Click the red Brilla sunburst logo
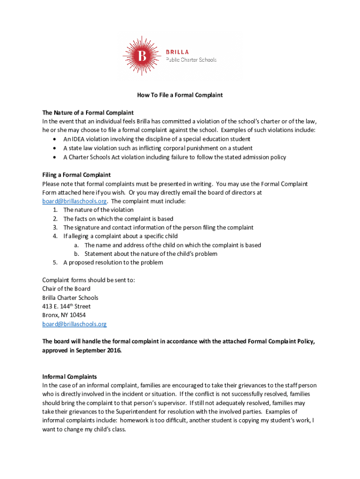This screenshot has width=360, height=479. click(142, 56)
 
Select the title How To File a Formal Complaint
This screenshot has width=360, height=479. click(180, 95)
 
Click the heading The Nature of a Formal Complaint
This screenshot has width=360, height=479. click(88, 113)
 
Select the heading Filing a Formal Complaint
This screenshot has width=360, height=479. click(76, 175)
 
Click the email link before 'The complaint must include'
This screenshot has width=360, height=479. click(74, 201)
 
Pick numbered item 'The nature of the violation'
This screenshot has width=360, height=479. click(98, 210)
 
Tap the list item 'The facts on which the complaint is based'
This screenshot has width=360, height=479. click(118, 218)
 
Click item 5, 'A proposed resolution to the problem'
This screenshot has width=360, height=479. click(113, 262)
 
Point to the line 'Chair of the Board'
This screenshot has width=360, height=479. click(66, 289)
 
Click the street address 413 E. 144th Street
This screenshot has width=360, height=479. click(66, 306)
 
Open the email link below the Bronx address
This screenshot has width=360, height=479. click(74, 324)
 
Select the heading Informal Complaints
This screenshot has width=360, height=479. click(70, 377)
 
